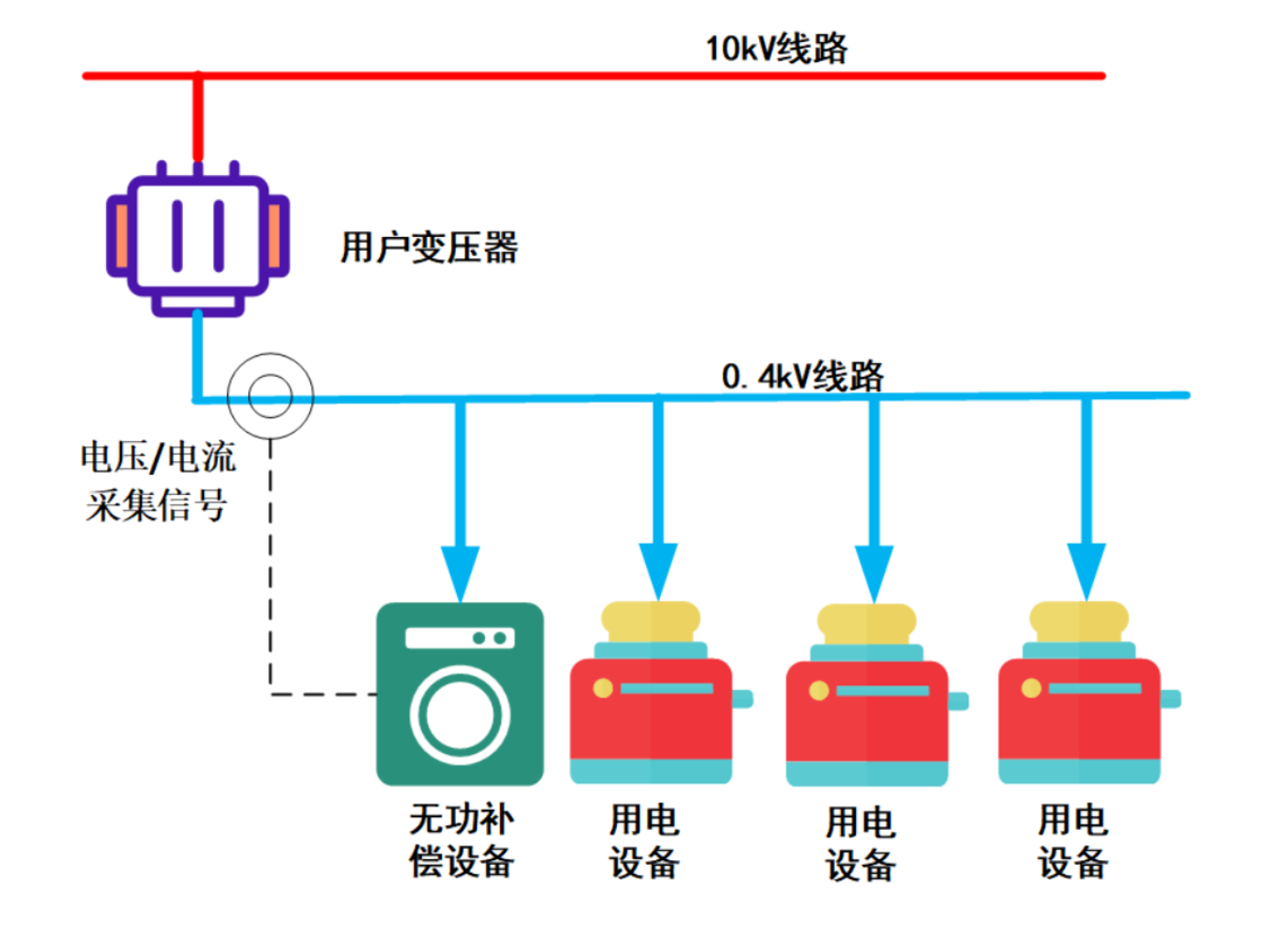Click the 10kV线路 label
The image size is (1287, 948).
click(776, 48)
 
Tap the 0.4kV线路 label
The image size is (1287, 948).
click(803, 376)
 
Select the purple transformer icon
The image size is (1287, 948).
click(198, 238)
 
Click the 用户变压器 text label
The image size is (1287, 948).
click(429, 248)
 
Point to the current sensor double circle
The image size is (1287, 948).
click(270, 396)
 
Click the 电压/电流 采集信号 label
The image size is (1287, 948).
click(157, 481)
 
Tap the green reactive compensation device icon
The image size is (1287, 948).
click(460, 694)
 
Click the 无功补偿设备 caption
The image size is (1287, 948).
click(461, 840)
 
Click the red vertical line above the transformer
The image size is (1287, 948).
click(198, 119)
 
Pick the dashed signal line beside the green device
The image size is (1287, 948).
click(271, 567)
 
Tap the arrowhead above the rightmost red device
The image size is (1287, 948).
click(1087, 572)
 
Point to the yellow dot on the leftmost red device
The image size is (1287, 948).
click(603, 688)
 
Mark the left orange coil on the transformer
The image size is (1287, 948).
click(120, 237)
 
